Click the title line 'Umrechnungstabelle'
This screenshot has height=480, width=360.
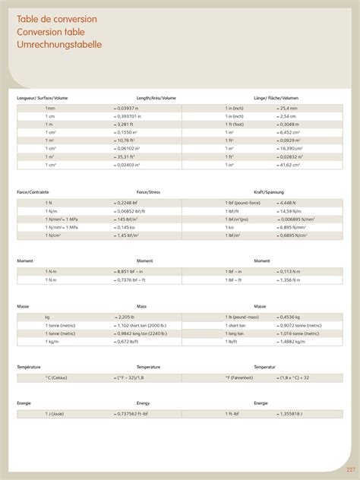pos(59,45)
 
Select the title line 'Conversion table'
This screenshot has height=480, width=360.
pos(51,32)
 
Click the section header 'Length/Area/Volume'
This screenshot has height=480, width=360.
pos(156,98)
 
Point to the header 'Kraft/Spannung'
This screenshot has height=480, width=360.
pos(269,192)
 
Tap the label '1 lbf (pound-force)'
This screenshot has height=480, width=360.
pos(243,203)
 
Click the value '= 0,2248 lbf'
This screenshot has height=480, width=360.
pos(127,203)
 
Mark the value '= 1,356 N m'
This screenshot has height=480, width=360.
pos(290,279)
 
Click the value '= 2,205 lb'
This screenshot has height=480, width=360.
pos(124,316)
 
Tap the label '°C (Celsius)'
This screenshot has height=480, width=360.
pos(56,377)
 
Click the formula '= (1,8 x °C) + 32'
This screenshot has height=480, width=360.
pos(292,377)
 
